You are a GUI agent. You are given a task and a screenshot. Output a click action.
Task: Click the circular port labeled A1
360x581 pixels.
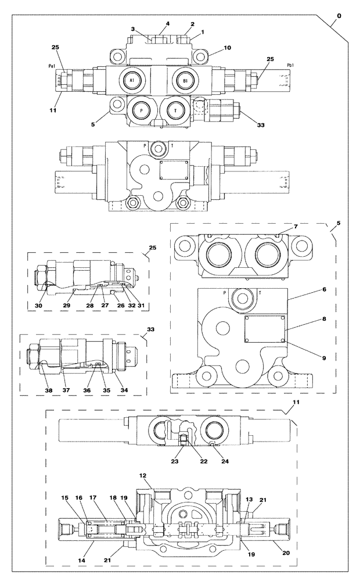(131, 80)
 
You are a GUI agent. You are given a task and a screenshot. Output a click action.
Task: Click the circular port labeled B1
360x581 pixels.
(185, 80)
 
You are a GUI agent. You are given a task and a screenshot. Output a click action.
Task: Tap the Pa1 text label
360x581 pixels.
(52, 67)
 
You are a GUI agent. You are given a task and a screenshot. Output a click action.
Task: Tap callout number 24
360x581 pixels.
(200, 462)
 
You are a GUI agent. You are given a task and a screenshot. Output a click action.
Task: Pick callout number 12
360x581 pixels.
(141, 475)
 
